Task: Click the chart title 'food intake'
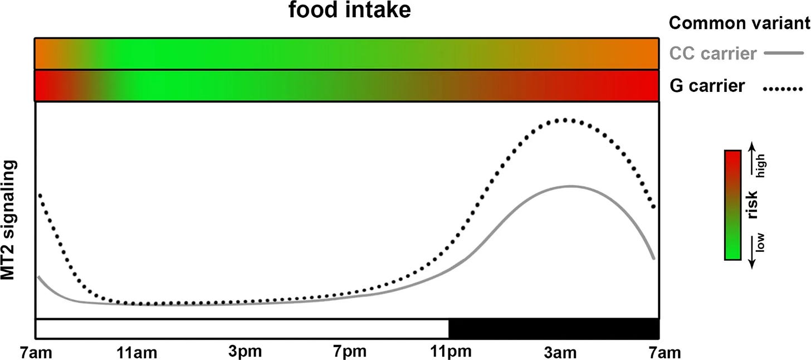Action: (349, 11)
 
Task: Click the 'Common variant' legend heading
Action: (739, 23)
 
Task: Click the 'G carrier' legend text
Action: (707, 86)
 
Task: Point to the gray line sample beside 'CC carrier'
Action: (784, 53)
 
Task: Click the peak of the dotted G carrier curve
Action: (564, 120)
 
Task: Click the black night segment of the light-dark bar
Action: (554, 328)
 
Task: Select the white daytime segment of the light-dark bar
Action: (242, 328)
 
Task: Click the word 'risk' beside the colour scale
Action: (753, 205)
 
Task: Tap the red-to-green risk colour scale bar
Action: (732, 205)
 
